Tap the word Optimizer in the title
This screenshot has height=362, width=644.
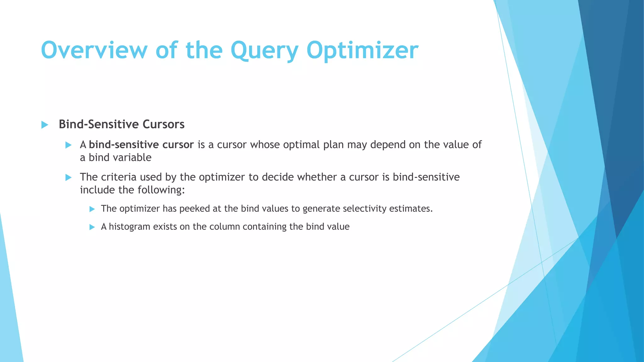[362, 50]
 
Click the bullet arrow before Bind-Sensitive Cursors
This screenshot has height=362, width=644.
[45, 125]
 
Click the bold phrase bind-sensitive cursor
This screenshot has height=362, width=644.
[141, 145]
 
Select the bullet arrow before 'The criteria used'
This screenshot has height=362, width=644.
[68, 178]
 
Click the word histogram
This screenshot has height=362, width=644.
[130, 227]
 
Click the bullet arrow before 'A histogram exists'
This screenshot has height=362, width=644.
[92, 227]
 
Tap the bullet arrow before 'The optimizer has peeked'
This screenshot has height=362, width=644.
[92, 209]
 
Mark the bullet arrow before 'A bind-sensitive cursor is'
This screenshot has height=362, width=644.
[68, 145]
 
